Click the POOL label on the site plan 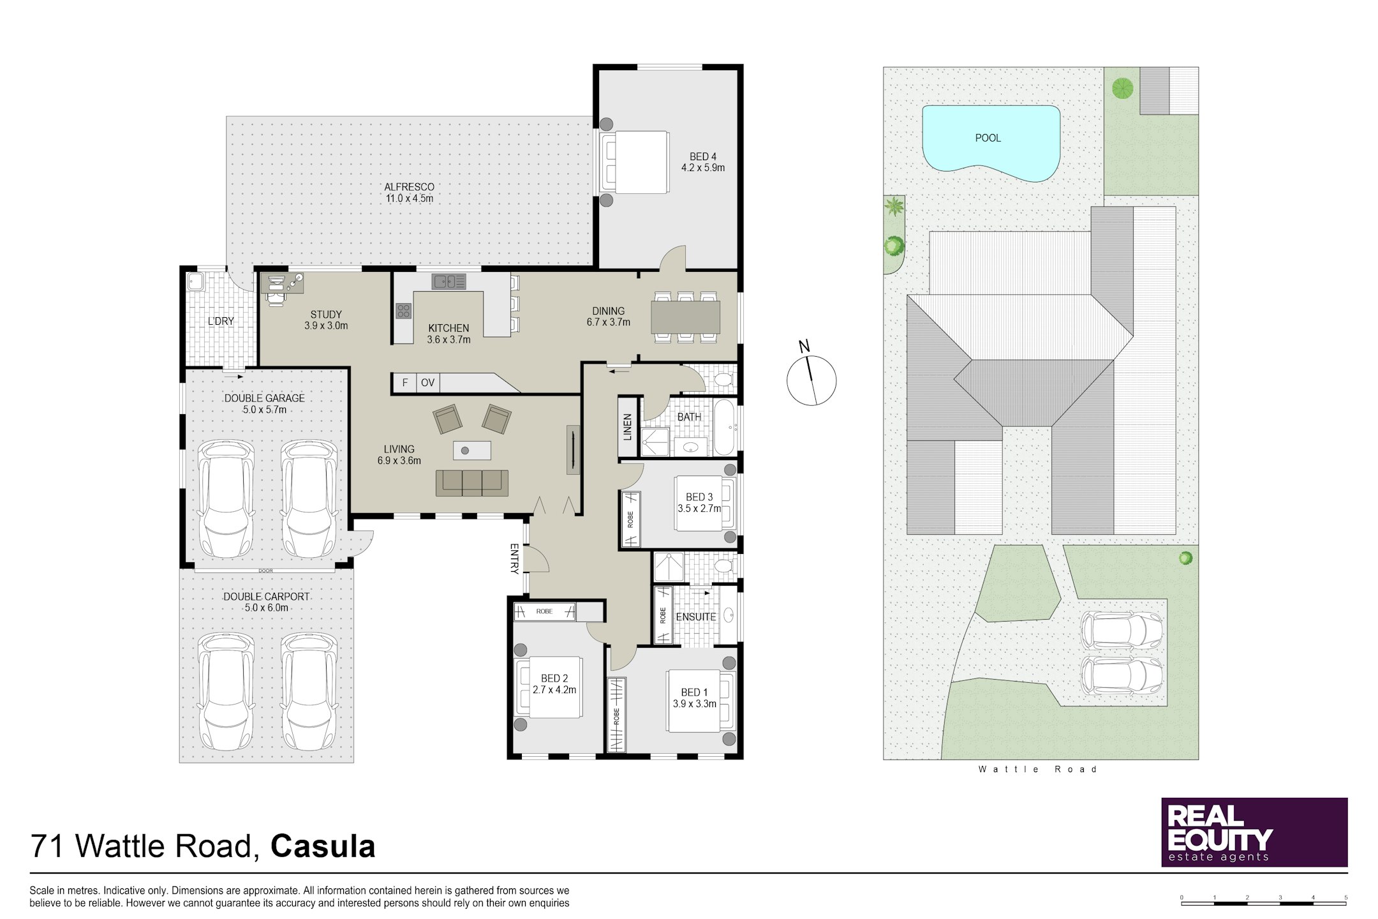click(988, 138)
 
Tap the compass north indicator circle click(811, 380)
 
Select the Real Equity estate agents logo click(1254, 832)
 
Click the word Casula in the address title click(323, 846)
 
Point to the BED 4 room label click(702, 162)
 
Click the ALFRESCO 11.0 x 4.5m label click(409, 193)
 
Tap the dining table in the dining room click(685, 317)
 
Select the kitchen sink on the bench click(449, 281)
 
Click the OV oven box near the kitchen click(427, 382)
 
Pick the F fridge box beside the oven click(404, 382)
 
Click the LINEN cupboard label click(628, 426)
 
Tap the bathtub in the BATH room click(724, 427)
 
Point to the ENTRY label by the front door click(515, 558)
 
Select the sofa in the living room click(472, 483)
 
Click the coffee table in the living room click(472, 451)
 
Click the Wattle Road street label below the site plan click(1037, 770)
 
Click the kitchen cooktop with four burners click(403, 311)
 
